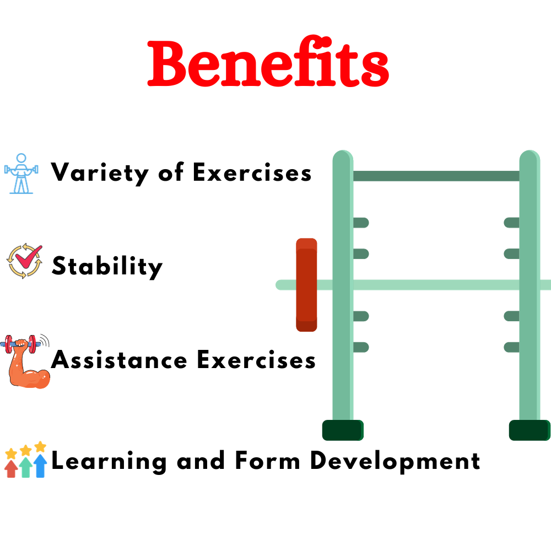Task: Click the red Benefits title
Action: point(268,64)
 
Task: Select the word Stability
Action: point(107,267)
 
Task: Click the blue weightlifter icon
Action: point(21,173)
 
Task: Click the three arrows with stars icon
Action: point(25,460)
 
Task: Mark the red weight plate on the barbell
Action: point(306,285)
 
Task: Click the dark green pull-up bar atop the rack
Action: point(435,176)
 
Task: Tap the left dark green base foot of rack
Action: point(342,430)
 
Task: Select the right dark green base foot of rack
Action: point(529,430)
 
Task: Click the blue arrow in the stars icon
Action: point(40,465)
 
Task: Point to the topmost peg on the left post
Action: point(360,223)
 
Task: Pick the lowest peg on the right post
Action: point(512,347)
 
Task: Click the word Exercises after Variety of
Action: point(252,173)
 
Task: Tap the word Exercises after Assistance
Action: point(256,360)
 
